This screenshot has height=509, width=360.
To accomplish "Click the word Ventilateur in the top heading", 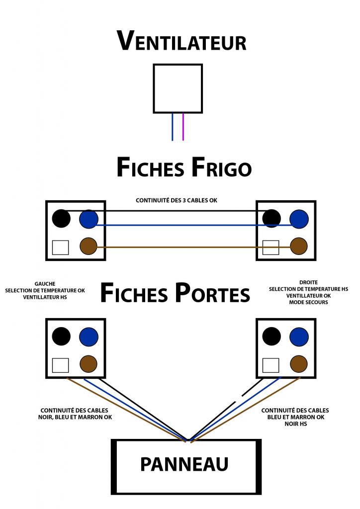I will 181,41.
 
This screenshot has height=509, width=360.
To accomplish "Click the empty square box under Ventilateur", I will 178,88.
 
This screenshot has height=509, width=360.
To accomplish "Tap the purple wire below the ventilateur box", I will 183,127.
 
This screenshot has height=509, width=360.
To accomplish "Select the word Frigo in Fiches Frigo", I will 219,168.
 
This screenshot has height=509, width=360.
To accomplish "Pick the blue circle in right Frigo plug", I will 299,218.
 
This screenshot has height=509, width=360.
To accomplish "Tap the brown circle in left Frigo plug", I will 89,247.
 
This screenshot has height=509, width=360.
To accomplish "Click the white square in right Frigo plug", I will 271,247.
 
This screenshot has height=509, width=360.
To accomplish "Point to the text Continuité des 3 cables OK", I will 177,200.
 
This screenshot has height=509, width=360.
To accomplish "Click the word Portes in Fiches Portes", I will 212,293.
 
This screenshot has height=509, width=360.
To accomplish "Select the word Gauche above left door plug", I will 45,283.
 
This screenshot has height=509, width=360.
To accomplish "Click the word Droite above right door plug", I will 309,282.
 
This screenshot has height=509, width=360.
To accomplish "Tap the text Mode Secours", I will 309,302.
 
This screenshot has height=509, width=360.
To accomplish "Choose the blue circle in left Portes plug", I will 89,337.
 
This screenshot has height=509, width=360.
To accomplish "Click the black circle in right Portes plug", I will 271,337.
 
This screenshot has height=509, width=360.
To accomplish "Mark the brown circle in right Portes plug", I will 299,364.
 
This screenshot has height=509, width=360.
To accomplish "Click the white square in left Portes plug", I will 60,365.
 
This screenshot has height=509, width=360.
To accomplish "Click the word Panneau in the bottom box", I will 184,464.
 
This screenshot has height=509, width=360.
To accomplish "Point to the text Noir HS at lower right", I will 295,424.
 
